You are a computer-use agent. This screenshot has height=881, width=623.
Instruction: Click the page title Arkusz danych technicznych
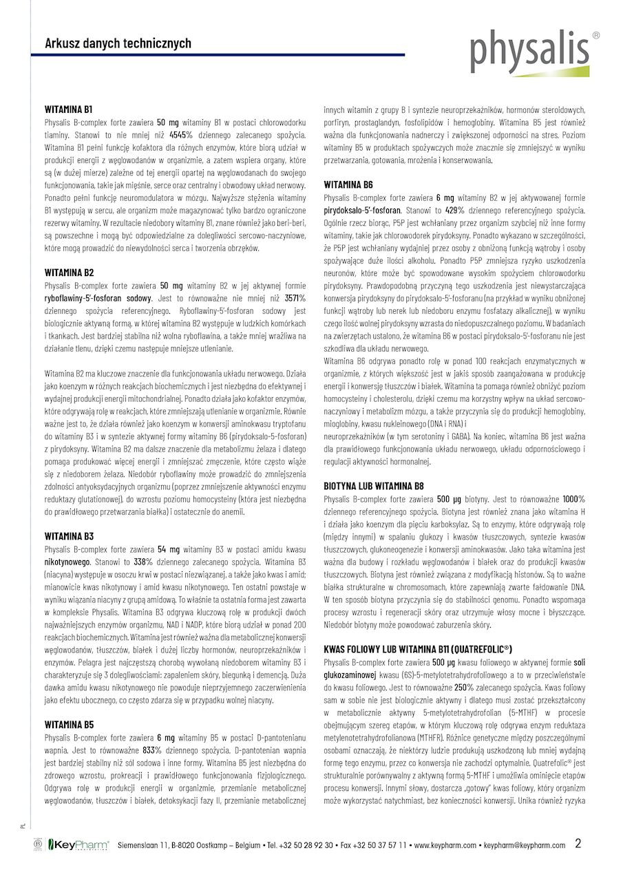(x=118, y=43)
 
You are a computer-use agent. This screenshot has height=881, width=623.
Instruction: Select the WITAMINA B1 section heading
(x=69, y=109)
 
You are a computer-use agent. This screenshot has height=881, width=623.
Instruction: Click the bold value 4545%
(x=181, y=134)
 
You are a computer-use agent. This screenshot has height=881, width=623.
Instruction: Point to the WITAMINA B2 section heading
(x=69, y=273)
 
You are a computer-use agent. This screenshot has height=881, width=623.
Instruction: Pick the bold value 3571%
(x=295, y=298)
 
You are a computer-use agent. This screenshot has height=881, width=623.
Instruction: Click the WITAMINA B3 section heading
(x=69, y=536)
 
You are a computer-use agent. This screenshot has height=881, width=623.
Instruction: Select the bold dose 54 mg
(x=169, y=549)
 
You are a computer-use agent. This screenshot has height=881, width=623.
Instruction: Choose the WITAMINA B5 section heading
(x=69, y=725)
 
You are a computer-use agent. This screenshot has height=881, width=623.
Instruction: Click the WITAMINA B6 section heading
(x=348, y=185)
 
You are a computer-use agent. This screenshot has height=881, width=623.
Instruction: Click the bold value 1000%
(x=573, y=499)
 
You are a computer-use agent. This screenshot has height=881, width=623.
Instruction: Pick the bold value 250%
(x=463, y=687)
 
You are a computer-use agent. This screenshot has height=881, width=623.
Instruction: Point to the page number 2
(x=578, y=843)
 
